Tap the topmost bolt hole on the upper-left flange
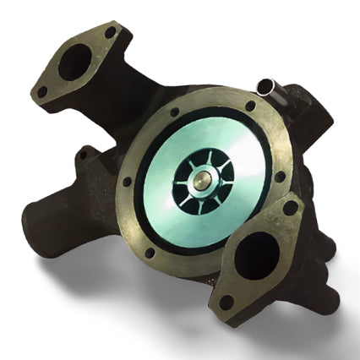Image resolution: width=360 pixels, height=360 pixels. pos(110,33)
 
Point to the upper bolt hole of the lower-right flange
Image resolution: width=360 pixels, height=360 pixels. pos(291,206)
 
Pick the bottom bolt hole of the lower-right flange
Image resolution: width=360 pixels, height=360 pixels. pos(226,301)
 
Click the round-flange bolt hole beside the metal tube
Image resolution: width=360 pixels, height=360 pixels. pos(250,107)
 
